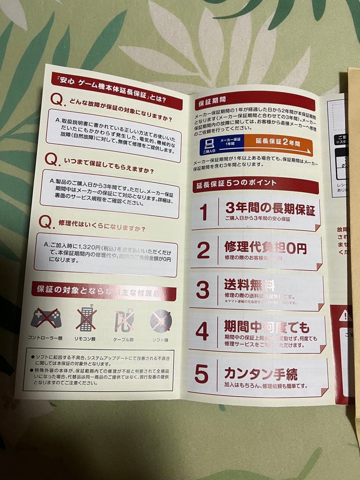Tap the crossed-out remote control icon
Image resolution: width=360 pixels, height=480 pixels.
click(x=86, y=318)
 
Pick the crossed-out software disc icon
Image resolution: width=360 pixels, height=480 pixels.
click(x=160, y=321)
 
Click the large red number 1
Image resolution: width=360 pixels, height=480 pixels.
click(x=204, y=212)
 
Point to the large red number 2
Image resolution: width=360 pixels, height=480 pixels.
click(x=203, y=251)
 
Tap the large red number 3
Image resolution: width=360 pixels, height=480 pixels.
click(x=203, y=290)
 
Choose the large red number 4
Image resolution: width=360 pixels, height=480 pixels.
click(x=202, y=330)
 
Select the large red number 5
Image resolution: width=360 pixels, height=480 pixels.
click(x=201, y=374)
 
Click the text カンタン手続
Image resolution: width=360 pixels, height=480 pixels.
click(x=260, y=373)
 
